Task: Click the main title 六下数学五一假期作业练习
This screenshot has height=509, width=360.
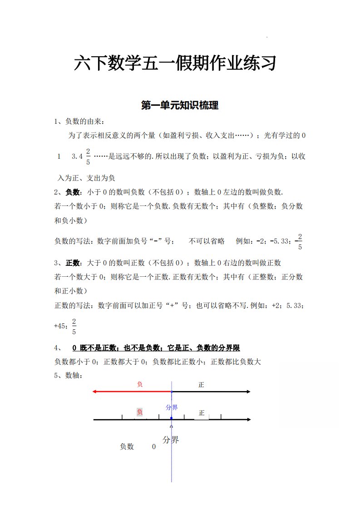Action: pos(175,63)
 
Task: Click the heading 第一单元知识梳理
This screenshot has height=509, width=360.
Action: pos(180,106)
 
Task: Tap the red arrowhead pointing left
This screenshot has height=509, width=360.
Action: pos(95,392)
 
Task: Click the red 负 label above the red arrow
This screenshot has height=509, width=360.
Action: pos(140,384)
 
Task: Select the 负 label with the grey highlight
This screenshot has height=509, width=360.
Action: pos(140,412)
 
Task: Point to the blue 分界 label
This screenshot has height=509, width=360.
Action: pos(172,407)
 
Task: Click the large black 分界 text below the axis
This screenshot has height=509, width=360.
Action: pos(171,440)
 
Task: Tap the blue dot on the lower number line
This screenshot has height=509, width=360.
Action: pos(171,420)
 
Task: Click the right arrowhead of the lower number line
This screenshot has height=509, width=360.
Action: pos(248,420)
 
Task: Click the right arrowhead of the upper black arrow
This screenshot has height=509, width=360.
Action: pos(248,392)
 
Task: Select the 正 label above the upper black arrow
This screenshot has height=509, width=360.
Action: pos(201,385)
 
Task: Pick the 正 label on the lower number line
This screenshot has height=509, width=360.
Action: pos(202,413)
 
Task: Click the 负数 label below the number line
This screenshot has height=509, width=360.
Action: pos(127,447)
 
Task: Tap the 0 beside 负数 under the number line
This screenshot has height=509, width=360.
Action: pos(154,447)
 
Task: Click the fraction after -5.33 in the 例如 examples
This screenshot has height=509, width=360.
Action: pos(300,242)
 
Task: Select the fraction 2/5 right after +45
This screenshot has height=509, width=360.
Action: pos(74,326)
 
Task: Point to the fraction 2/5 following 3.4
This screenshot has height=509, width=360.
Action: pos(88,157)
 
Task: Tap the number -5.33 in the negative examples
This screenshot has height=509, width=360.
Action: pos(280,241)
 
